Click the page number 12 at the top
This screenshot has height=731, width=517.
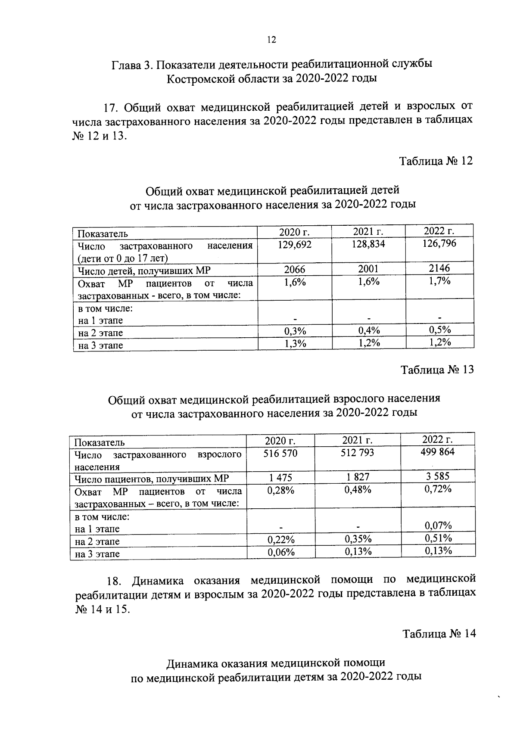pos(271,40)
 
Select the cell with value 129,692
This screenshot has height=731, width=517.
pos(295,245)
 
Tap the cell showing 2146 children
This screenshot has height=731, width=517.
pos(439,268)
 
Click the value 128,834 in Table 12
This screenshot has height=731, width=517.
pos(368,244)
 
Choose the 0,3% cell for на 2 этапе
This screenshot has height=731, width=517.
pos(295,331)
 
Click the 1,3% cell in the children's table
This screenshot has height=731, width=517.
pos(295,343)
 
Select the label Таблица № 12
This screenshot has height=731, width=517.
pos(436,161)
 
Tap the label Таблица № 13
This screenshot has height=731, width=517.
pos(437,370)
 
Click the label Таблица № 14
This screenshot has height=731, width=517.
pos(439,634)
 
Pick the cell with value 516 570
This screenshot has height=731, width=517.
pos(280,453)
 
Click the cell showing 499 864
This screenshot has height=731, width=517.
pos(438,452)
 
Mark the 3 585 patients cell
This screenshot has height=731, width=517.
pos(438,476)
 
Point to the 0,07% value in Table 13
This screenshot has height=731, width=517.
pos(438,526)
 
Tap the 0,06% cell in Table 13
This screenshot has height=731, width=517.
pos(281,552)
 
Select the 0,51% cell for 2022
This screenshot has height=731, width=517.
pos(438,538)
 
